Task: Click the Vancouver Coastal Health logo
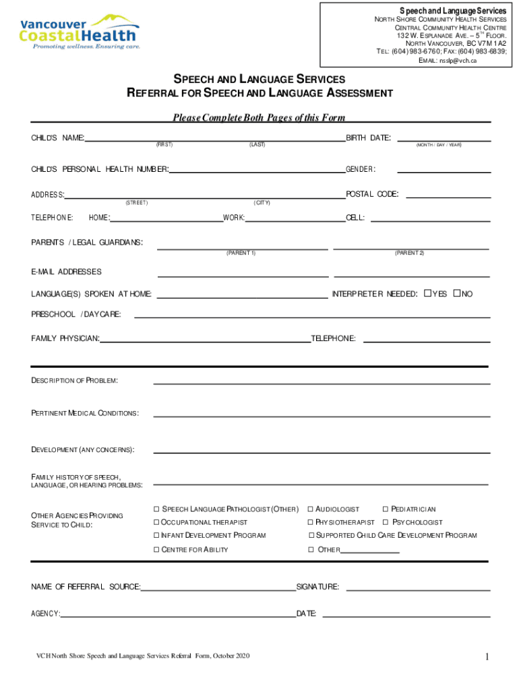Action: (79, 32)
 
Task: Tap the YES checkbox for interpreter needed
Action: (427, 294)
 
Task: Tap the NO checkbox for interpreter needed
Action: (457, 294)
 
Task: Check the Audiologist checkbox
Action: (311, 509)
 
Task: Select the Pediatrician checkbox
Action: (386, 509)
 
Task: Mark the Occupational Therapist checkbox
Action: (156, 523)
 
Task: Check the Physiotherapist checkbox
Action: (311, 523)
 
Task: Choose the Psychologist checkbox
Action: (386, 523)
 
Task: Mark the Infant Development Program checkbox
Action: (156, 536)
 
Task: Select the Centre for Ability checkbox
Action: (156, 550)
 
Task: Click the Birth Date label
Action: (368, 138)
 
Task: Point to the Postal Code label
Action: (371, 195)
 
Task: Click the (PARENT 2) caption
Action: (410, 253)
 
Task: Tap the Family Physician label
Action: (65, 338)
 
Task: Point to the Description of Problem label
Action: (74, 381)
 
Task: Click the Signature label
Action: (317, 587)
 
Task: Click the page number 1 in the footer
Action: (486, 657)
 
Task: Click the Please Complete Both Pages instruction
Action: (259, 118)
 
